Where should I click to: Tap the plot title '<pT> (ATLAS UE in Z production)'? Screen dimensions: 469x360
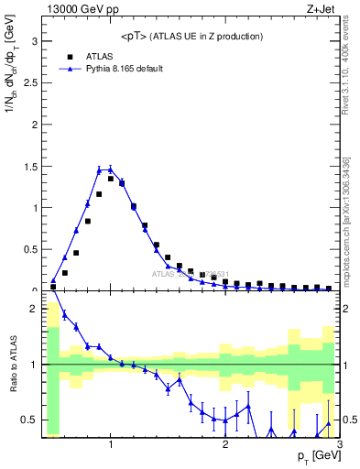[x=192, y=36]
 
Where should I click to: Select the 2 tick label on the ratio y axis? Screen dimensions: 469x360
[x=33, y=309]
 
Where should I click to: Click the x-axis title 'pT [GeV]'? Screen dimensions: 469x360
[x=312, y=456]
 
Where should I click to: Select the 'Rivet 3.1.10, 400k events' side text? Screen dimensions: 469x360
[x=350, y=74]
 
